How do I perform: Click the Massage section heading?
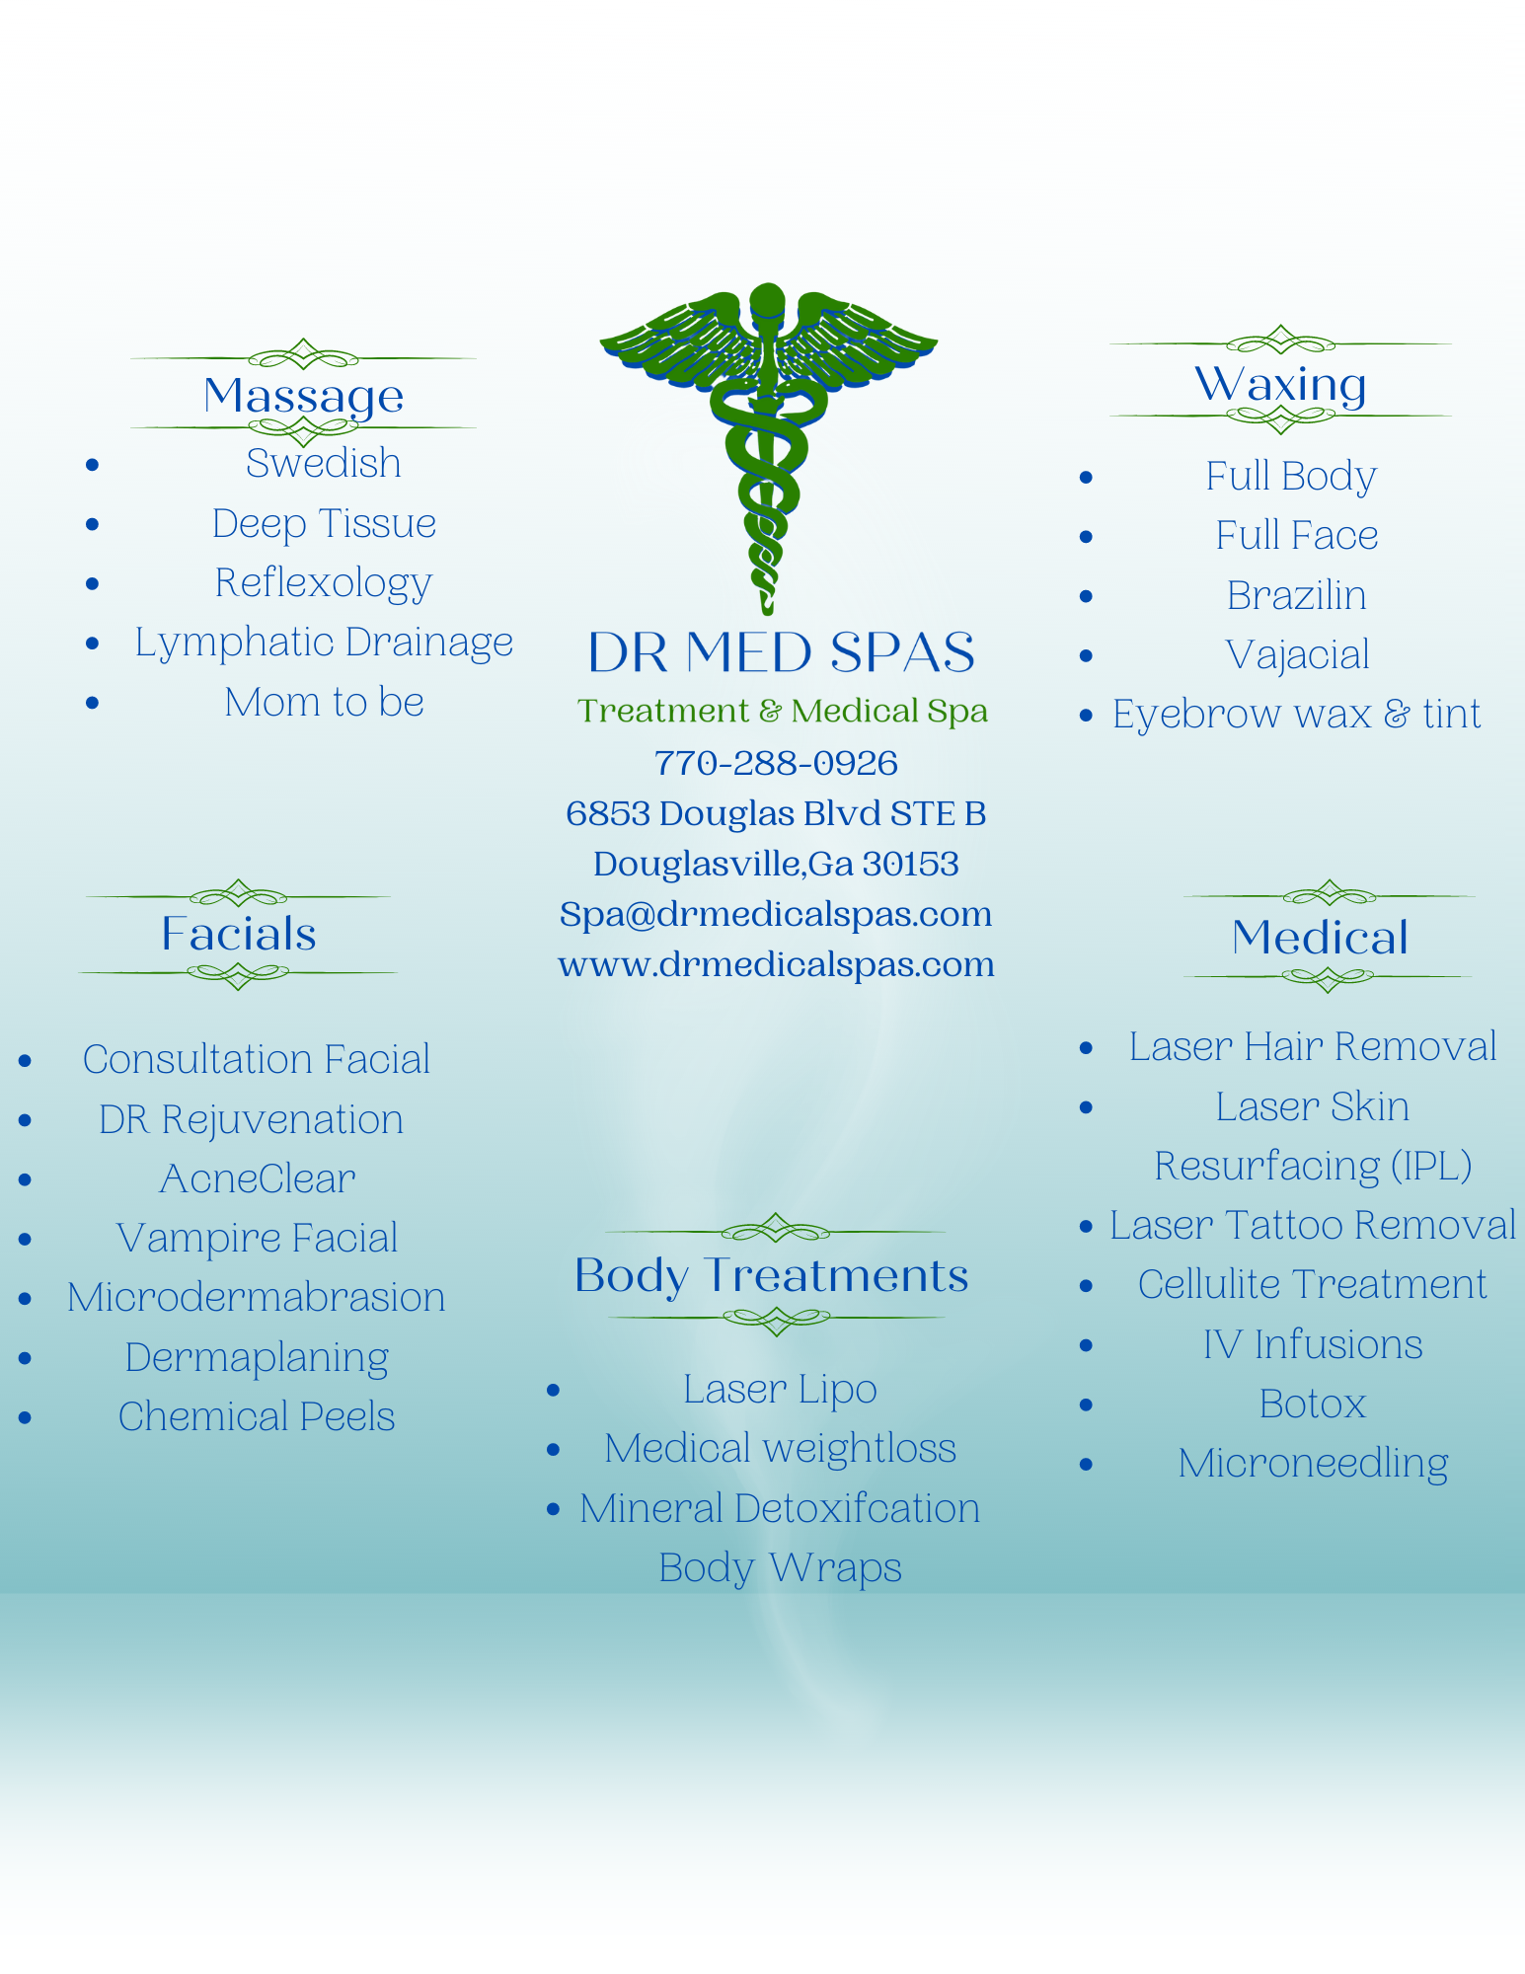click(x=303, y=397)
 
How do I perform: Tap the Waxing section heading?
click(x=1280, y=383)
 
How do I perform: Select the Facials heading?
click(x=239, y=934)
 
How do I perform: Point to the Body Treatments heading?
click(x=772, y=1276)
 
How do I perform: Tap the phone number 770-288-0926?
click(x=776, y=763)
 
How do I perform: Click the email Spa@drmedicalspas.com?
click(x=776, y=914)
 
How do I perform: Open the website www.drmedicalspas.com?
click(x=776, y=964)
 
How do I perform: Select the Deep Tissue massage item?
click(x=324, y=524)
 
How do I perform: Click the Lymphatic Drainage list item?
click(x=324, y=643)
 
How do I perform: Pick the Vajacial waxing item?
click(x=1297, y=655)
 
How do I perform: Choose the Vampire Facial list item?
click(x=257, y=1239)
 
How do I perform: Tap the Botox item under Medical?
click(x=1313, y=1404)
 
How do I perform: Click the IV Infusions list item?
click(x=1313, y=1344)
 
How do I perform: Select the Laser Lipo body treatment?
click(x=780, y=1390)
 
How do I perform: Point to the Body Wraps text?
click(x=780, y=1568)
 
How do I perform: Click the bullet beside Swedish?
click(x=93, y=465)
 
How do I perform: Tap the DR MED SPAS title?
click(x=781, y=652)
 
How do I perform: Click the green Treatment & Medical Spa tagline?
click(x=783, y=711)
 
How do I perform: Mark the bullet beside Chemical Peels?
click(x=26, y=1418)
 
